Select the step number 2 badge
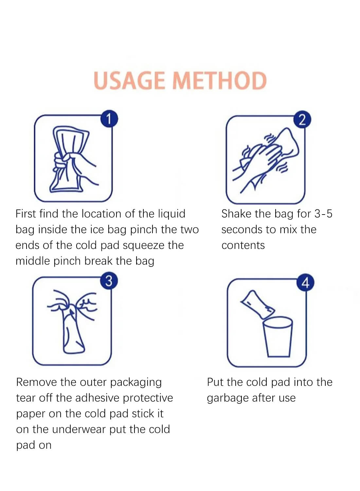tap(302, 120)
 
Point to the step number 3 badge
tap(109, 281)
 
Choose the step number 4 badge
tap(305, 282)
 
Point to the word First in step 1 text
tap(26, 214)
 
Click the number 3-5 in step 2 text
tap(323, 214)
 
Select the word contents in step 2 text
tap(243, 245)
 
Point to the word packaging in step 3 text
tap(136, 383)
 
